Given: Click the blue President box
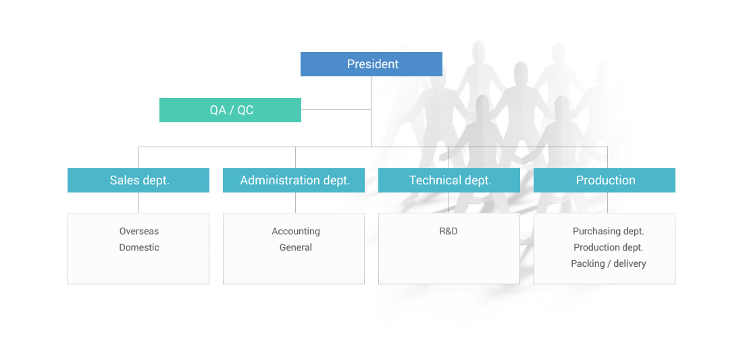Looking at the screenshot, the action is (371, 64).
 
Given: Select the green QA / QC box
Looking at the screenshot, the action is (230, 110).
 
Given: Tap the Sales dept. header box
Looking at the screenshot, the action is (138, 180).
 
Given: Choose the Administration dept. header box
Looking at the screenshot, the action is (294, 180).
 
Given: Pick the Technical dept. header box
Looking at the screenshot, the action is (449, 180).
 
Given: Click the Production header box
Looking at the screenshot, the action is (604, 180).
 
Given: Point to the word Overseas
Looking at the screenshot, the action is (139, 231).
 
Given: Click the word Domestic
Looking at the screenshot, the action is (139, 247).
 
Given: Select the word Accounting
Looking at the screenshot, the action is (296, 232).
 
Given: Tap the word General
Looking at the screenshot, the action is (296, 247).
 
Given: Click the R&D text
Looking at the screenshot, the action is (449, 231).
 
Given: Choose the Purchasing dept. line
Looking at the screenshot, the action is (609, 232).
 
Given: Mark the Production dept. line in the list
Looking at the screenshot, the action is (609, 248).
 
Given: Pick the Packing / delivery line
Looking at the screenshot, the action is (609, 264).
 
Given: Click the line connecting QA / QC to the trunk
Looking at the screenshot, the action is (336, 110).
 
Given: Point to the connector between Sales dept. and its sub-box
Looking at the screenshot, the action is (139, 203).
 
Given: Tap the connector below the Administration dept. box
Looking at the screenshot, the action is (295, 203).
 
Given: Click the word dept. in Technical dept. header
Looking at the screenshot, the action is (478, 181).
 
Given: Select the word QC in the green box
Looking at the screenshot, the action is (245, 110).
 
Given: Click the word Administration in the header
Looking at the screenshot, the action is (280, 180).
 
